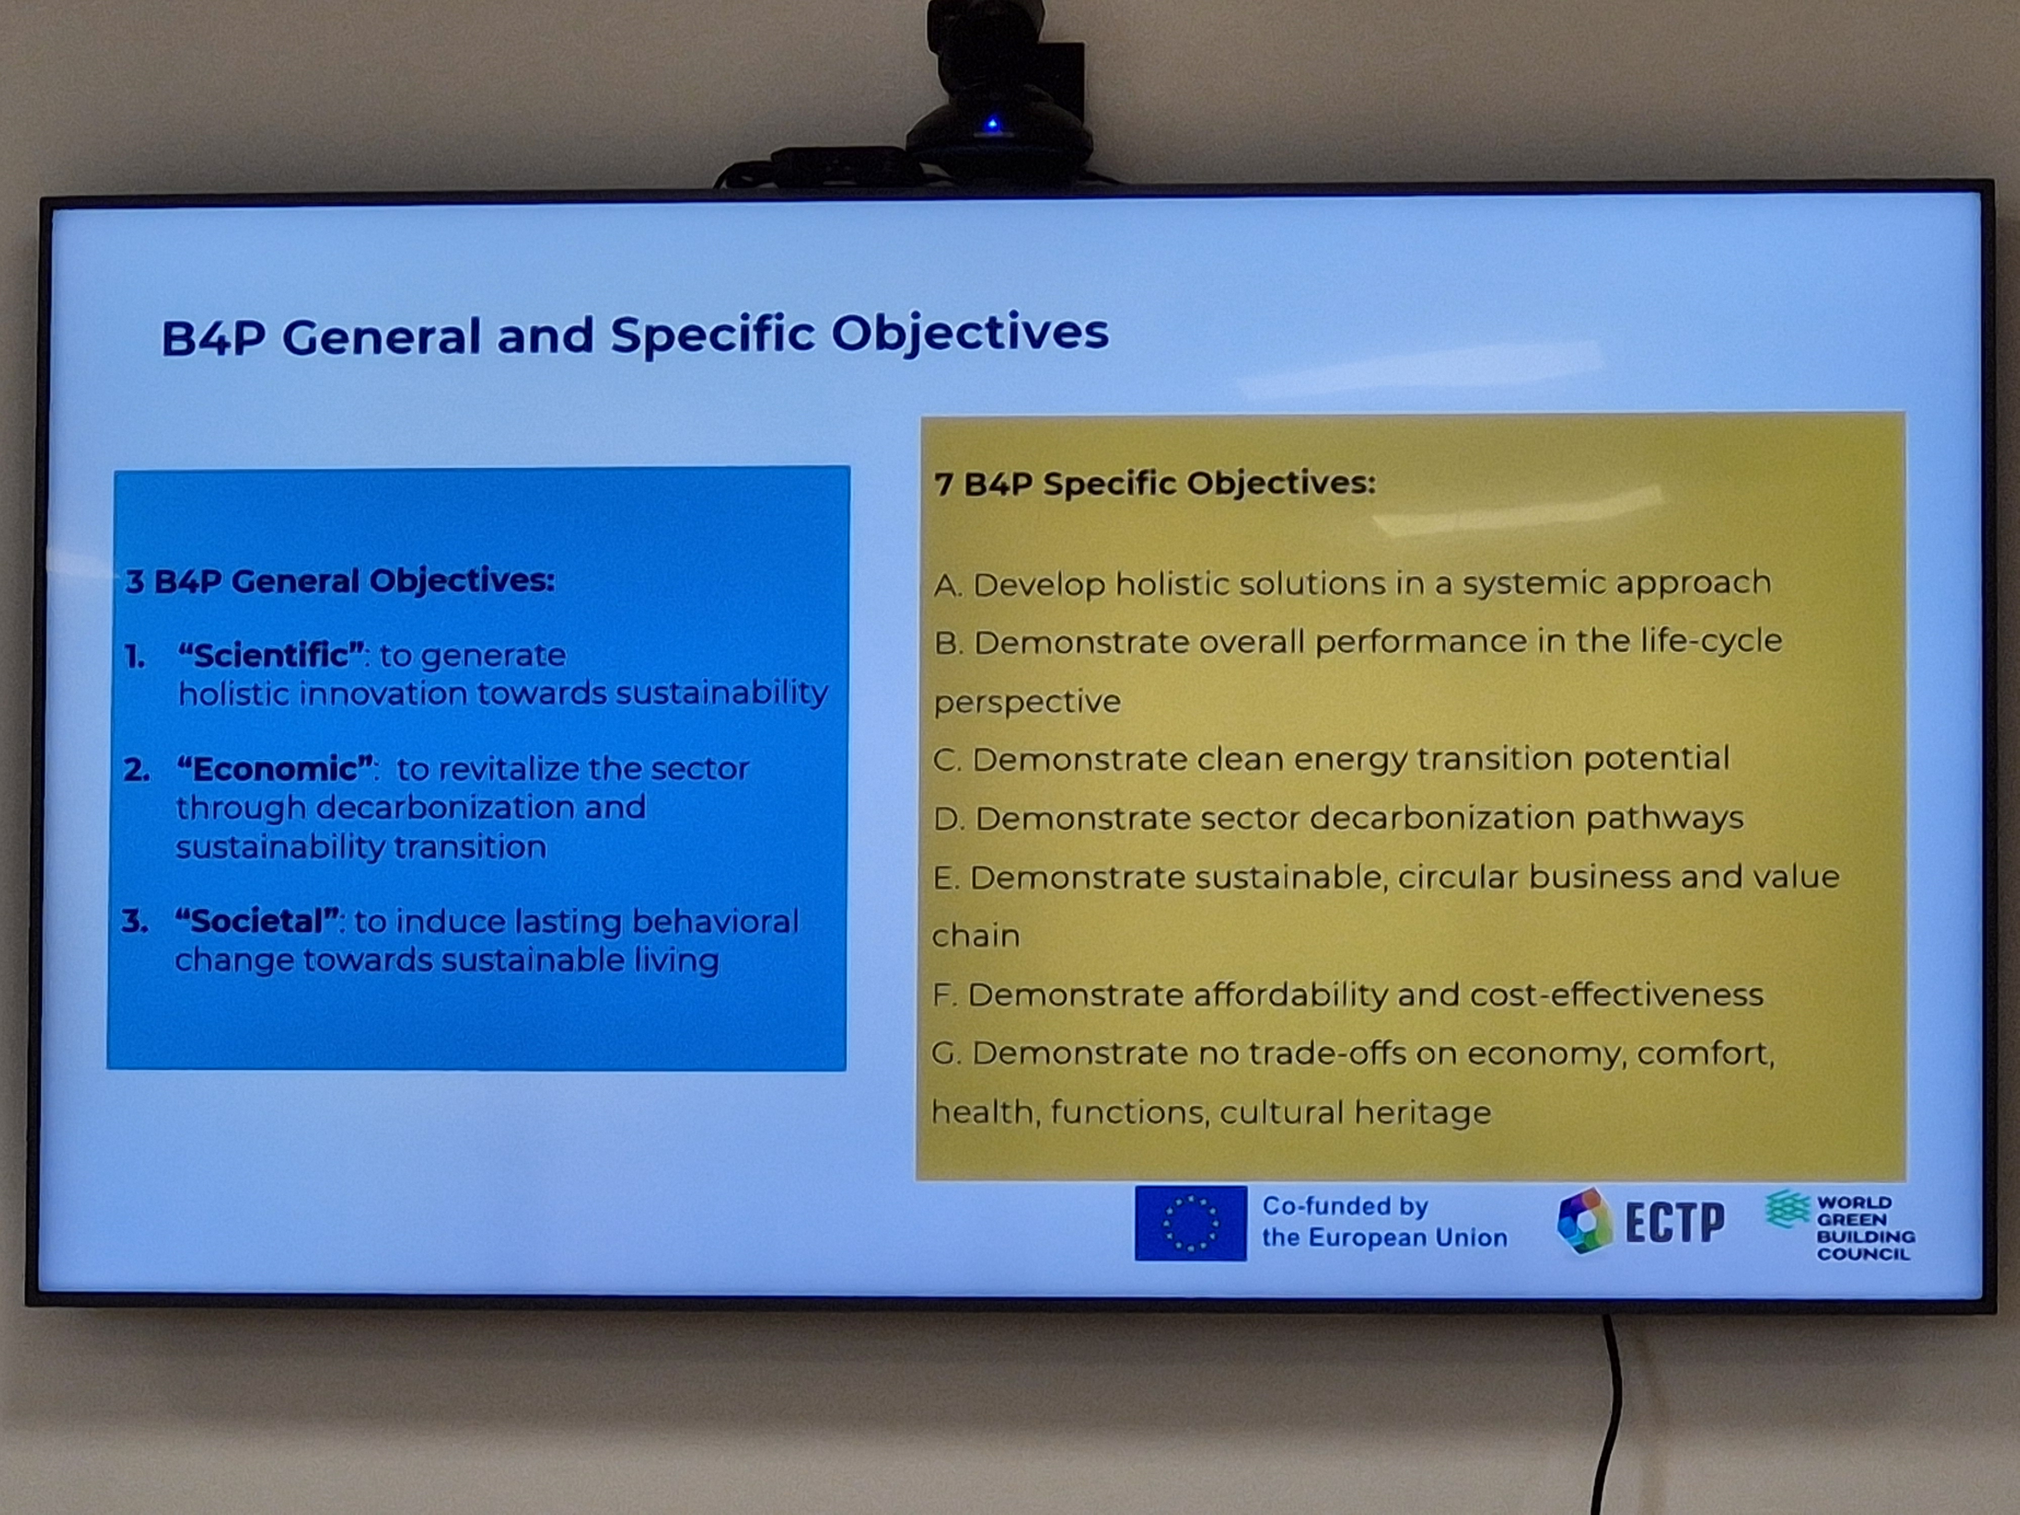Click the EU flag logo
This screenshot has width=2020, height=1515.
pyautogui.click(x=1190, y=1223)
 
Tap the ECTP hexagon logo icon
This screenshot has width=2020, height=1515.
pyautogui.click(x=1584, y=1220)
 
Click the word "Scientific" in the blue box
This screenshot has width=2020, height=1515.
pyautogui.click(x=271, y=655)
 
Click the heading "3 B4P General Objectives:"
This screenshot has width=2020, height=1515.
pyautogui.click(x=340, y=581)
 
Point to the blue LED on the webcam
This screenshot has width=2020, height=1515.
pyautogui.click(x=993, y=123)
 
